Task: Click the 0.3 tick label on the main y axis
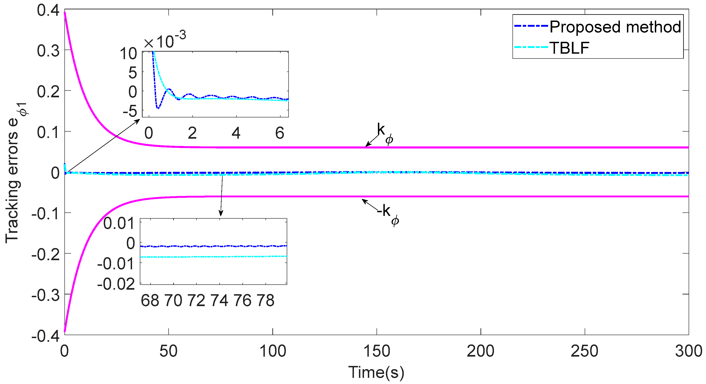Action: click(x=48, y=51)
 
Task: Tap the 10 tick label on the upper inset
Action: click(x=128, y=54)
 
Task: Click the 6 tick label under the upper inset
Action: click(x=280, y=133)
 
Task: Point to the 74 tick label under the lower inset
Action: click(x=219, y=300)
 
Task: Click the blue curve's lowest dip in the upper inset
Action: click(x=158, y=108)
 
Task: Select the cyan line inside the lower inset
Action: click(x=214, y=257)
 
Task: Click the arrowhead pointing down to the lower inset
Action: click(x=221, y=214)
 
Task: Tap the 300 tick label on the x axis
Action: click(x=688, y=351)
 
